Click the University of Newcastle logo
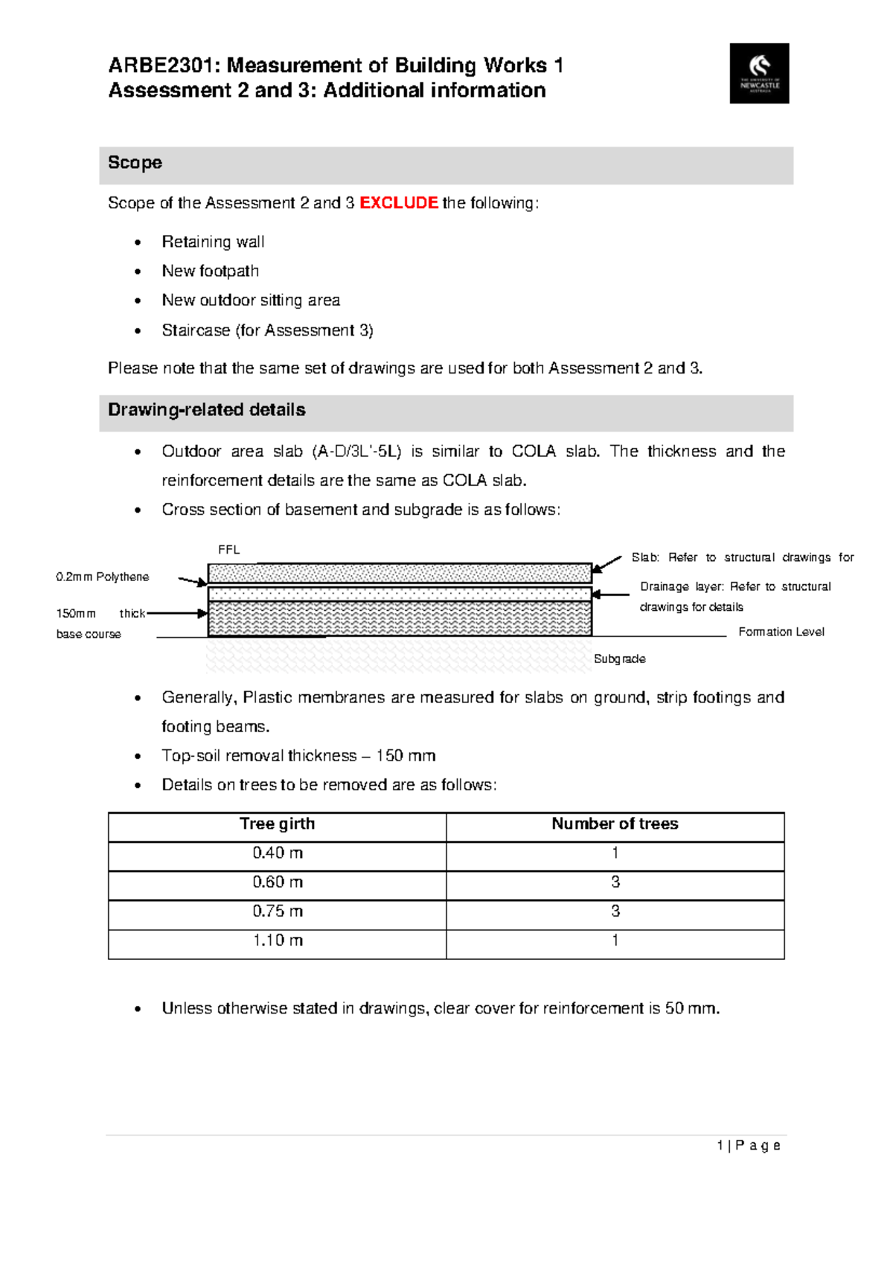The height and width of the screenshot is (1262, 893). pyautogui.click(x=759, y=73)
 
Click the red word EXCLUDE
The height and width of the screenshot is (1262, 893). pyautogui.click(x=398, y=203)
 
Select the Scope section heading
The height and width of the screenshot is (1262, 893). pyautogui.click(x=135, y=163)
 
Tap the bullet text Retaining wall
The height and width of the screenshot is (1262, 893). pyautogui.click(x=213, y=242)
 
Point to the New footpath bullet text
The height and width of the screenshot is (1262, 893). pyautogui.click(x=211, y=271)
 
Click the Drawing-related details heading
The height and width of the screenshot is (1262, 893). pyautogui.click(x=206, y=410)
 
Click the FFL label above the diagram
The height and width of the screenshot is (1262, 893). pyautogui.click(x=228, y=550)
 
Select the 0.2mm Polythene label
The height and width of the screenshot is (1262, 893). pyautogui.click(x=102, y=577)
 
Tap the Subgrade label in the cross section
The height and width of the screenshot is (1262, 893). pyautogui.click(x=619, y=659)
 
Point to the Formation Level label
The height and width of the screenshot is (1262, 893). pyautogui.click(x=781, y=632)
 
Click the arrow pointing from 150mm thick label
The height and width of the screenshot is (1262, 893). pyautogui.click(x=177, y=614)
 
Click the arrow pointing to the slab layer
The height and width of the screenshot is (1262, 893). pyautogui.click(x=606, y=563)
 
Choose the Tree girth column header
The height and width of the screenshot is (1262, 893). pyautogui.click(x=277, y=824)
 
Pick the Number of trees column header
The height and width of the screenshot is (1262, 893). pyautogui.click(x=615, y=824)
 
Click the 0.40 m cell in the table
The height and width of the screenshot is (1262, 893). pyautogui.click(x=277, y=853)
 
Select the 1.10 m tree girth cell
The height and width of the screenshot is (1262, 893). pyautogui.click(x=277, y=941)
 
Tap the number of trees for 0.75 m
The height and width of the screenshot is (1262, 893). pyautogui.click(x=615, y=911)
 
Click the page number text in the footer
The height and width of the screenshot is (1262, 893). pyautogui.click(x=749, y=1146)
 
